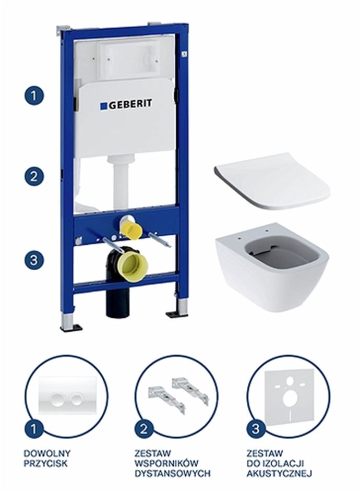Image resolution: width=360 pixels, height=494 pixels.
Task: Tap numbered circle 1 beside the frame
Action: pos(34,95)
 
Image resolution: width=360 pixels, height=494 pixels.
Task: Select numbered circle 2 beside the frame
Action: pos(34,176)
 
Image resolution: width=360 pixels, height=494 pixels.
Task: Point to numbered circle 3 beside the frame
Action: pos(34,259)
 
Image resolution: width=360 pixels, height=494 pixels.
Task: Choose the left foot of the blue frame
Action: pos(68,321)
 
